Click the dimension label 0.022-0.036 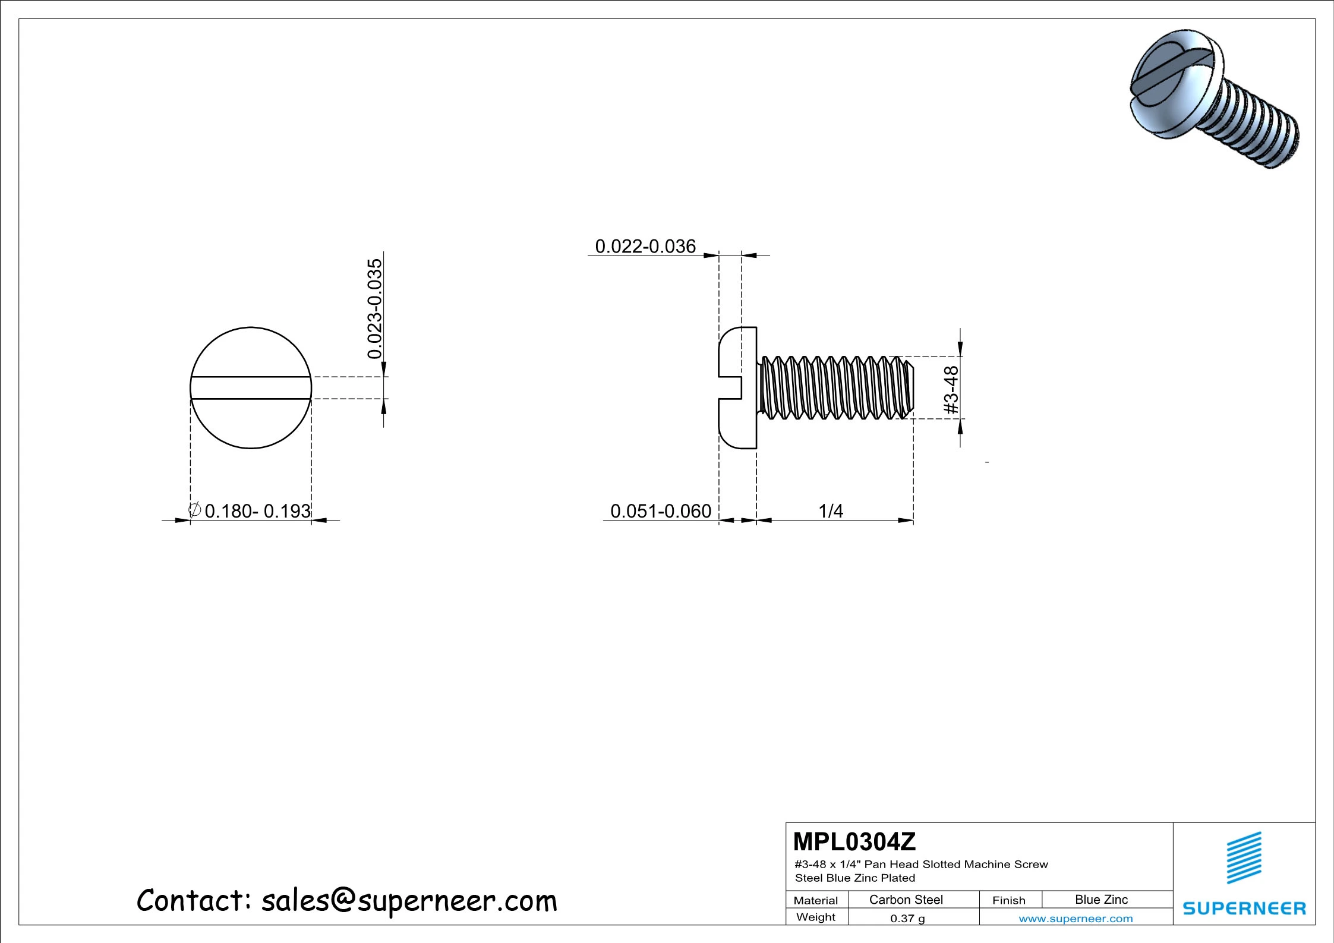tap(645, 246)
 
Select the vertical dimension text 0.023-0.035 tap(375, 309)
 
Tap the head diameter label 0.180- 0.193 tap(257, 511)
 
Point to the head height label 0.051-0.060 tap(660, 511)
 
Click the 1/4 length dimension tap(830, 511)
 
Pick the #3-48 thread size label tap(951, 390)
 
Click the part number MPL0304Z tap(854, 842)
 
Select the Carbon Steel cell tap(906, 900)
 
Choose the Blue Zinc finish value tap(1101, 900)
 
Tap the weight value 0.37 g tap(907, 919)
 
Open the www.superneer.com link tap(1076, 919)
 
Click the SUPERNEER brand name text tap(1244, 909)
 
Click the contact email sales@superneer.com tap(409, 901)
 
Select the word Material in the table tap(815, 900)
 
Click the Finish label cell tap(1008, 900)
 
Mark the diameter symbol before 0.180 tap(194, 510)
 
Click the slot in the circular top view tap(251, 388)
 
